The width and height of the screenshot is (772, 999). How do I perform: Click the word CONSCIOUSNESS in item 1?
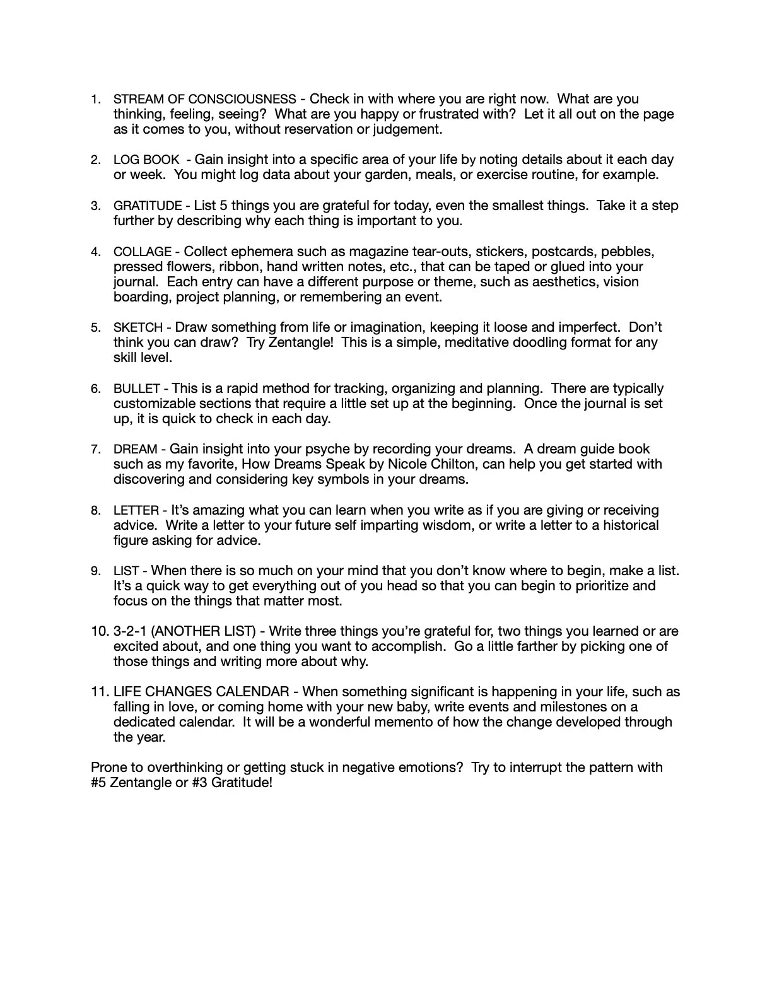click(242, 100)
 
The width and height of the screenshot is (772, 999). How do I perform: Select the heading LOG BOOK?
click(146, 160)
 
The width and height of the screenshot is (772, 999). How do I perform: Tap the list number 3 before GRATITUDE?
click(95, 206)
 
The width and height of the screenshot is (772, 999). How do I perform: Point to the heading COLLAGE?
click(143, 252)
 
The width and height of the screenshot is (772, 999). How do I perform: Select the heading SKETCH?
click(138, 328)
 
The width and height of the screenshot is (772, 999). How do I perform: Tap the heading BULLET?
click(137, 389)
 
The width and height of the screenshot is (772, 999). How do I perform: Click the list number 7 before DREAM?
click(95, 450)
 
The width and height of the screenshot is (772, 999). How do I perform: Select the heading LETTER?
click(136, 510)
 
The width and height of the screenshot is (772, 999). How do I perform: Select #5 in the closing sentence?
click(98, 783)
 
